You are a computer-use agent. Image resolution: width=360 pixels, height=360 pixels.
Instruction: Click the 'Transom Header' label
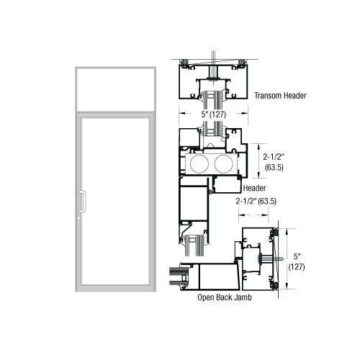[x=282, y=94]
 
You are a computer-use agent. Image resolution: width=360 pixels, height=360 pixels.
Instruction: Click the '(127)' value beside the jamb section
[x=297, y=266]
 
